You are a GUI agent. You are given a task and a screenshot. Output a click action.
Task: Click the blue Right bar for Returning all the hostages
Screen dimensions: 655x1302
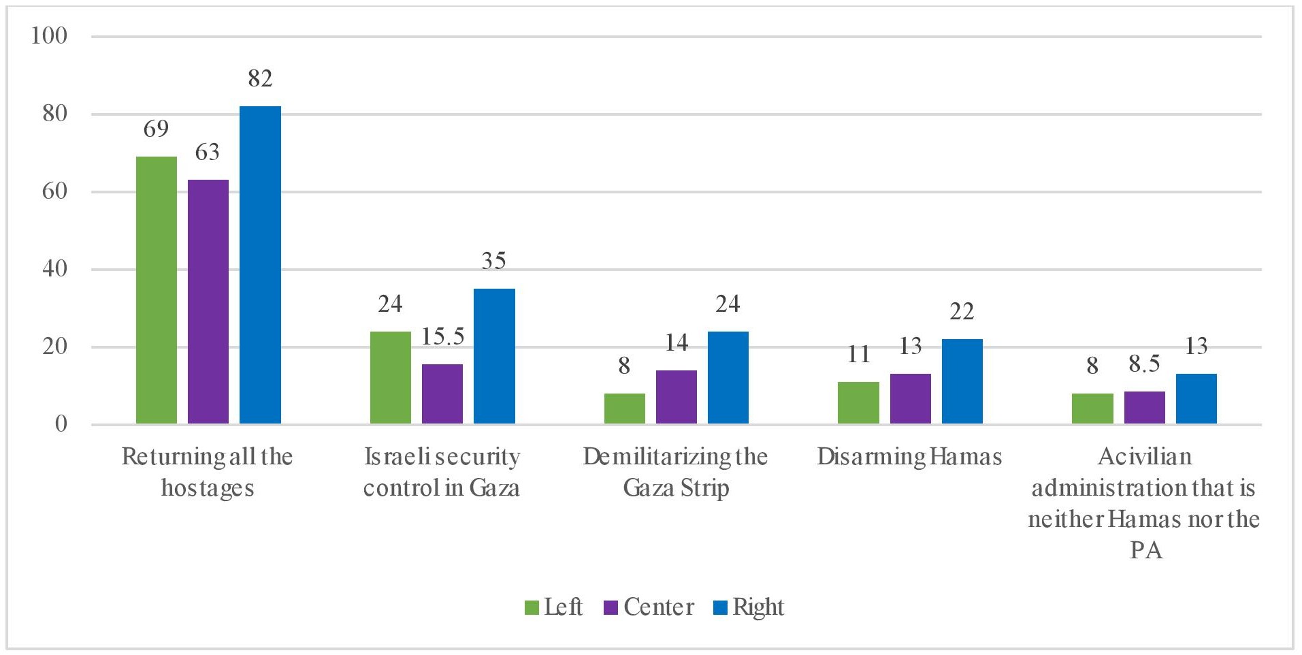click(260, 265)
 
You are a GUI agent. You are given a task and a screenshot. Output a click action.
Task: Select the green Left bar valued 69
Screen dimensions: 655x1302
click(157, 290)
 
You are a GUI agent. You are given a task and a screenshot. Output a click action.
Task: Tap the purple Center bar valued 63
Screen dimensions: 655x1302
click(208, 302)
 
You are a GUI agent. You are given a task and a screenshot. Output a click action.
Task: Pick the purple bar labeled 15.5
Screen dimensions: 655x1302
click(442, 394)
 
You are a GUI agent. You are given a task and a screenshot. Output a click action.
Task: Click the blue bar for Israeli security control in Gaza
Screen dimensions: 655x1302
click(494, 356)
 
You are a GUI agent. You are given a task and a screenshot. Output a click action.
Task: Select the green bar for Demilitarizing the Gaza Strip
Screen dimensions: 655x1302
click(624, 409)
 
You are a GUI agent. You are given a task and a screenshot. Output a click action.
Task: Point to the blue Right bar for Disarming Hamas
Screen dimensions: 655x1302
click(962, 381)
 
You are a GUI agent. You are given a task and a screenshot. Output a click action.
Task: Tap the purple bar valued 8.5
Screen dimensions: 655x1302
click(1144, 408)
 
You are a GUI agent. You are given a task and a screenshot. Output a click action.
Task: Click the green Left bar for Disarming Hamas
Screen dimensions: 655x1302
click(858, 403)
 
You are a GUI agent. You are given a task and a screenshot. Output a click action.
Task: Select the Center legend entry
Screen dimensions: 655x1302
click(649, 607)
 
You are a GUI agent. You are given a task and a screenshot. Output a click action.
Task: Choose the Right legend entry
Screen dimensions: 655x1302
click(749, 607)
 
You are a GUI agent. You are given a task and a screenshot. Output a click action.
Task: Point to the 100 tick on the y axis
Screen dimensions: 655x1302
click(49, 36)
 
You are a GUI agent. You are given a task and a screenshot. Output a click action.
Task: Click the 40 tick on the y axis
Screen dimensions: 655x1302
click(54, 269)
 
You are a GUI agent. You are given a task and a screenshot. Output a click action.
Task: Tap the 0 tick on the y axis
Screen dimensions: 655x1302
click(61, 424)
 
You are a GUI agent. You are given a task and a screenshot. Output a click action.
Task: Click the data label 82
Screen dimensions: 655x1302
click(260, 79)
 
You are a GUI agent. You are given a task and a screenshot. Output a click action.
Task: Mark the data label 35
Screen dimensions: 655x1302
click(494, 261)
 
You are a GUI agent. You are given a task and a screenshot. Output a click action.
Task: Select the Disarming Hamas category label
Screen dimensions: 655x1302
click(909, 457)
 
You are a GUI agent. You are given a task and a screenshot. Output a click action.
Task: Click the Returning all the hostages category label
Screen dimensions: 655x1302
click(207, 472)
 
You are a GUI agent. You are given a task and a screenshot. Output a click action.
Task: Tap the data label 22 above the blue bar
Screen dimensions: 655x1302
click(962, 312)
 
